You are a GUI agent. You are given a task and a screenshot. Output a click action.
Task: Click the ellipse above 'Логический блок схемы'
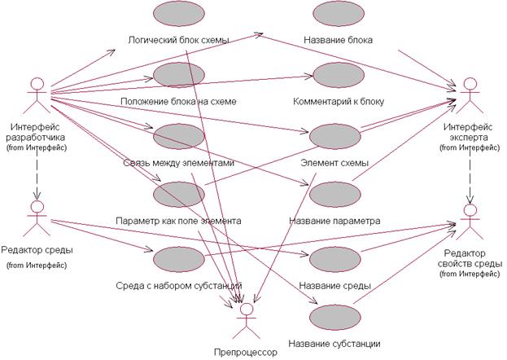(178, 15)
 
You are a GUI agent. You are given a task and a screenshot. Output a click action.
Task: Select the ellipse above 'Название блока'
(334, 15)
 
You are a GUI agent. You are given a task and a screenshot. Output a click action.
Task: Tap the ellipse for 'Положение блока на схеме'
(178, 77)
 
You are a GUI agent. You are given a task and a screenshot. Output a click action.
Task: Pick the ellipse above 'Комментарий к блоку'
(334, 77)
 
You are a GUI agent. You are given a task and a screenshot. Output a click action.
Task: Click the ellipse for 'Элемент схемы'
(334, 137)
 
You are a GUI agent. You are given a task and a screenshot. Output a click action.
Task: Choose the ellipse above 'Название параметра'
(334, 195)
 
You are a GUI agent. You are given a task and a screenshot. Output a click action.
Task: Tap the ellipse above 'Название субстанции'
(334, 318)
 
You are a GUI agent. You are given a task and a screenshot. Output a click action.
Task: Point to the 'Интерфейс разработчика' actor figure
(34, 96)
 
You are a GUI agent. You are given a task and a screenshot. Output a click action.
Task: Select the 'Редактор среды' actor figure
(34, 216)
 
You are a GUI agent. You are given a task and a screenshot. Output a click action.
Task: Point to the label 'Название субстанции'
(334, 343)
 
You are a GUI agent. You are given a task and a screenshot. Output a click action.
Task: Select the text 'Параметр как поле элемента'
(178, 221)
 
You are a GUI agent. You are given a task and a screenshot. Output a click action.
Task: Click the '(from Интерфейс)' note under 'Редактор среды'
(34, 265)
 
